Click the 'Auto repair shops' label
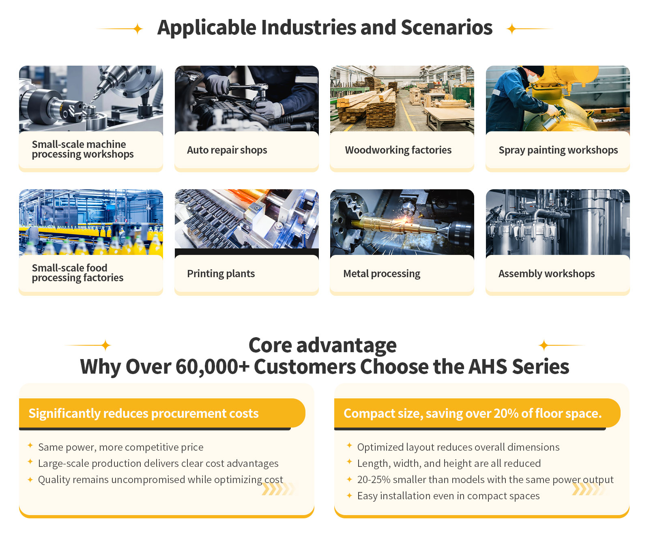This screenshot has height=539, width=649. [x=227, y=150]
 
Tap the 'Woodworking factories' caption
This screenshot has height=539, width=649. [x=398, y=150]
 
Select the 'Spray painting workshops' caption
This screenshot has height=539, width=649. [x=558, y=150]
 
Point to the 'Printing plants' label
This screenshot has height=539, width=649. [x=221, y=274]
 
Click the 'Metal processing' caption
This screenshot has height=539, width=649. [x=382, y=274]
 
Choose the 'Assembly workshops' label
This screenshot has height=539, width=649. [x=546, y=274]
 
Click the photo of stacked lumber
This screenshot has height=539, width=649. [x=402, y=98]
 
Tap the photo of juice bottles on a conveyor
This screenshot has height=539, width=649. [x=91, y=222]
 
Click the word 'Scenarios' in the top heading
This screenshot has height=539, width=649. [x=447, y=28]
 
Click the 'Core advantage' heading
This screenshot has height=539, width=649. [x=322, y=345]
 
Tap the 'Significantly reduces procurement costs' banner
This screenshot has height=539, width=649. [x=162, y=413]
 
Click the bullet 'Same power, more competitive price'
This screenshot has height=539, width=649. [x=120, y=447]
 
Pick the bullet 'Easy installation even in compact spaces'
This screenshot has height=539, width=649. [x=448, y=496]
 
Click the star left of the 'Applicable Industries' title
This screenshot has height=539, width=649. [x=138, y=29]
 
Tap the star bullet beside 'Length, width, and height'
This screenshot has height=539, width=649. [x=349, y=462]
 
